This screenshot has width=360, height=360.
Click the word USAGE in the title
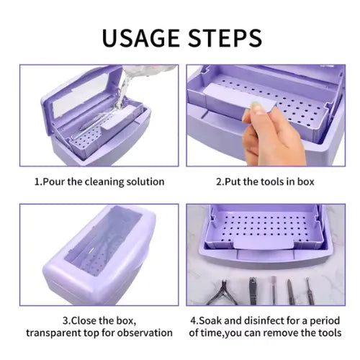[x=140, y=38]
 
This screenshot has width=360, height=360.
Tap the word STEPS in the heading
[x=225, y=38]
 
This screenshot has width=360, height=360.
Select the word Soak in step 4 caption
[x=210, y=320]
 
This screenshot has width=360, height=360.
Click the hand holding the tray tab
[x=271, y=135]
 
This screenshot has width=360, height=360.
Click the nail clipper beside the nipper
[x=253, y=291]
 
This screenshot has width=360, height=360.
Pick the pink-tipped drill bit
[x=274, y=290]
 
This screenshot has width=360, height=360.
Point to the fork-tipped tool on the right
[x=309, y=291]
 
